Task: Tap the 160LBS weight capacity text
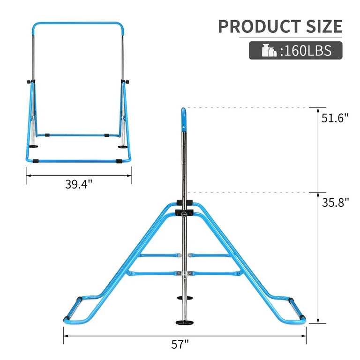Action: pos(306,51)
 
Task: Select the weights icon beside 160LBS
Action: pos(269,51)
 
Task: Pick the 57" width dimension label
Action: pos(180,345)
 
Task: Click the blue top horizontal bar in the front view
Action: pos(78,23)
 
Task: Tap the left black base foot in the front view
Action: pos(33,146)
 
